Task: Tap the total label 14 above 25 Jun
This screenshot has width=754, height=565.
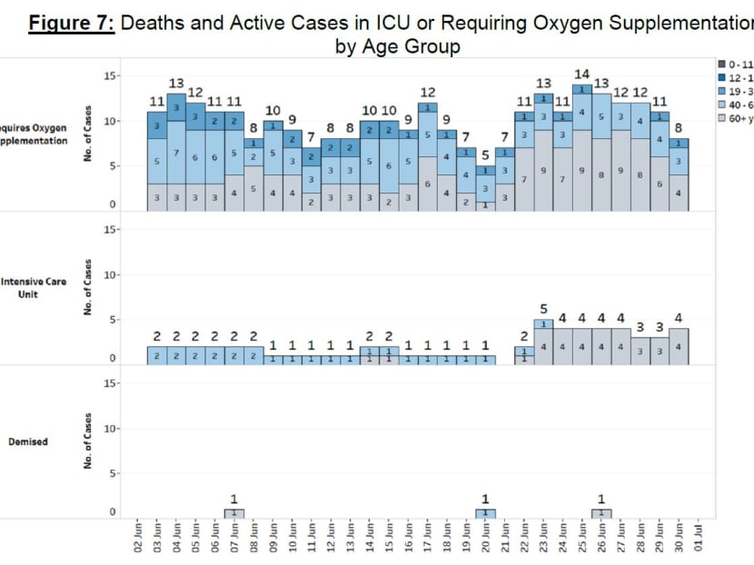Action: tap(582, 74)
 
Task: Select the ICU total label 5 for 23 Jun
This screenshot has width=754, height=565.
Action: tap(543, 309)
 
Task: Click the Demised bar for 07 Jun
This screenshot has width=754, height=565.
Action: tap(233, 513)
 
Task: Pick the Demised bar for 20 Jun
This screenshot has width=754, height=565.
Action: tap(485, 513)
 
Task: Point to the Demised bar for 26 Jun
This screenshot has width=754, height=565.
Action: tap(601, 513)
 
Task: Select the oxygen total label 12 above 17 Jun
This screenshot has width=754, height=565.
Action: tap(427, 92)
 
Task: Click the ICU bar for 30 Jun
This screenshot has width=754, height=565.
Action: tap(679, 346)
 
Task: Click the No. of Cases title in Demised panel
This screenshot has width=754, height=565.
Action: tap(89, 442)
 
